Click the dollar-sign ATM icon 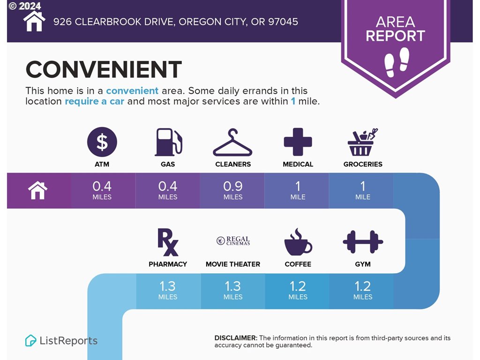pos(102,142)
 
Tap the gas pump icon pos(168,142)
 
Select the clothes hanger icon pos(232,142)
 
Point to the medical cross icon pos(298,142)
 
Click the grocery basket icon pos(363,142)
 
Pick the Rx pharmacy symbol pos(168,242)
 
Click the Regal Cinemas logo pos(233,240)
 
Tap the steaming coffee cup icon pos(298,242)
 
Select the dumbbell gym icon pos(363,242)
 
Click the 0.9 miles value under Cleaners pos(233,190)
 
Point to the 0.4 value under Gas pos(168,186)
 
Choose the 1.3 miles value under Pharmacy pos(168,291)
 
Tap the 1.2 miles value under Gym pos(363,291)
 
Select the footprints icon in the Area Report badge pos(397,62)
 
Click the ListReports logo pos(61,340)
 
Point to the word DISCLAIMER pos(236,338)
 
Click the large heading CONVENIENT pos(104,69)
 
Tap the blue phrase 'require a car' pos(95,101)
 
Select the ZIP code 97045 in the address pos(283,22)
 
